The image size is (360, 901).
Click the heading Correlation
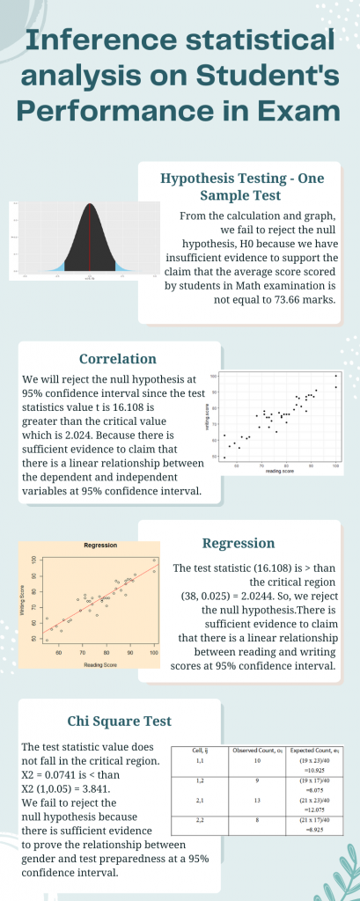click(x=118, y=359)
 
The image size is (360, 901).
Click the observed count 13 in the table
click(x=256, y=800)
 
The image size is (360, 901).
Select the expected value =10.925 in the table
click(x=312, y=768)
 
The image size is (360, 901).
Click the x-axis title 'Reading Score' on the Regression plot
click(x=100, y=665)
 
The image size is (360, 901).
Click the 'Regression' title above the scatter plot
click(x=100, y=546)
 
